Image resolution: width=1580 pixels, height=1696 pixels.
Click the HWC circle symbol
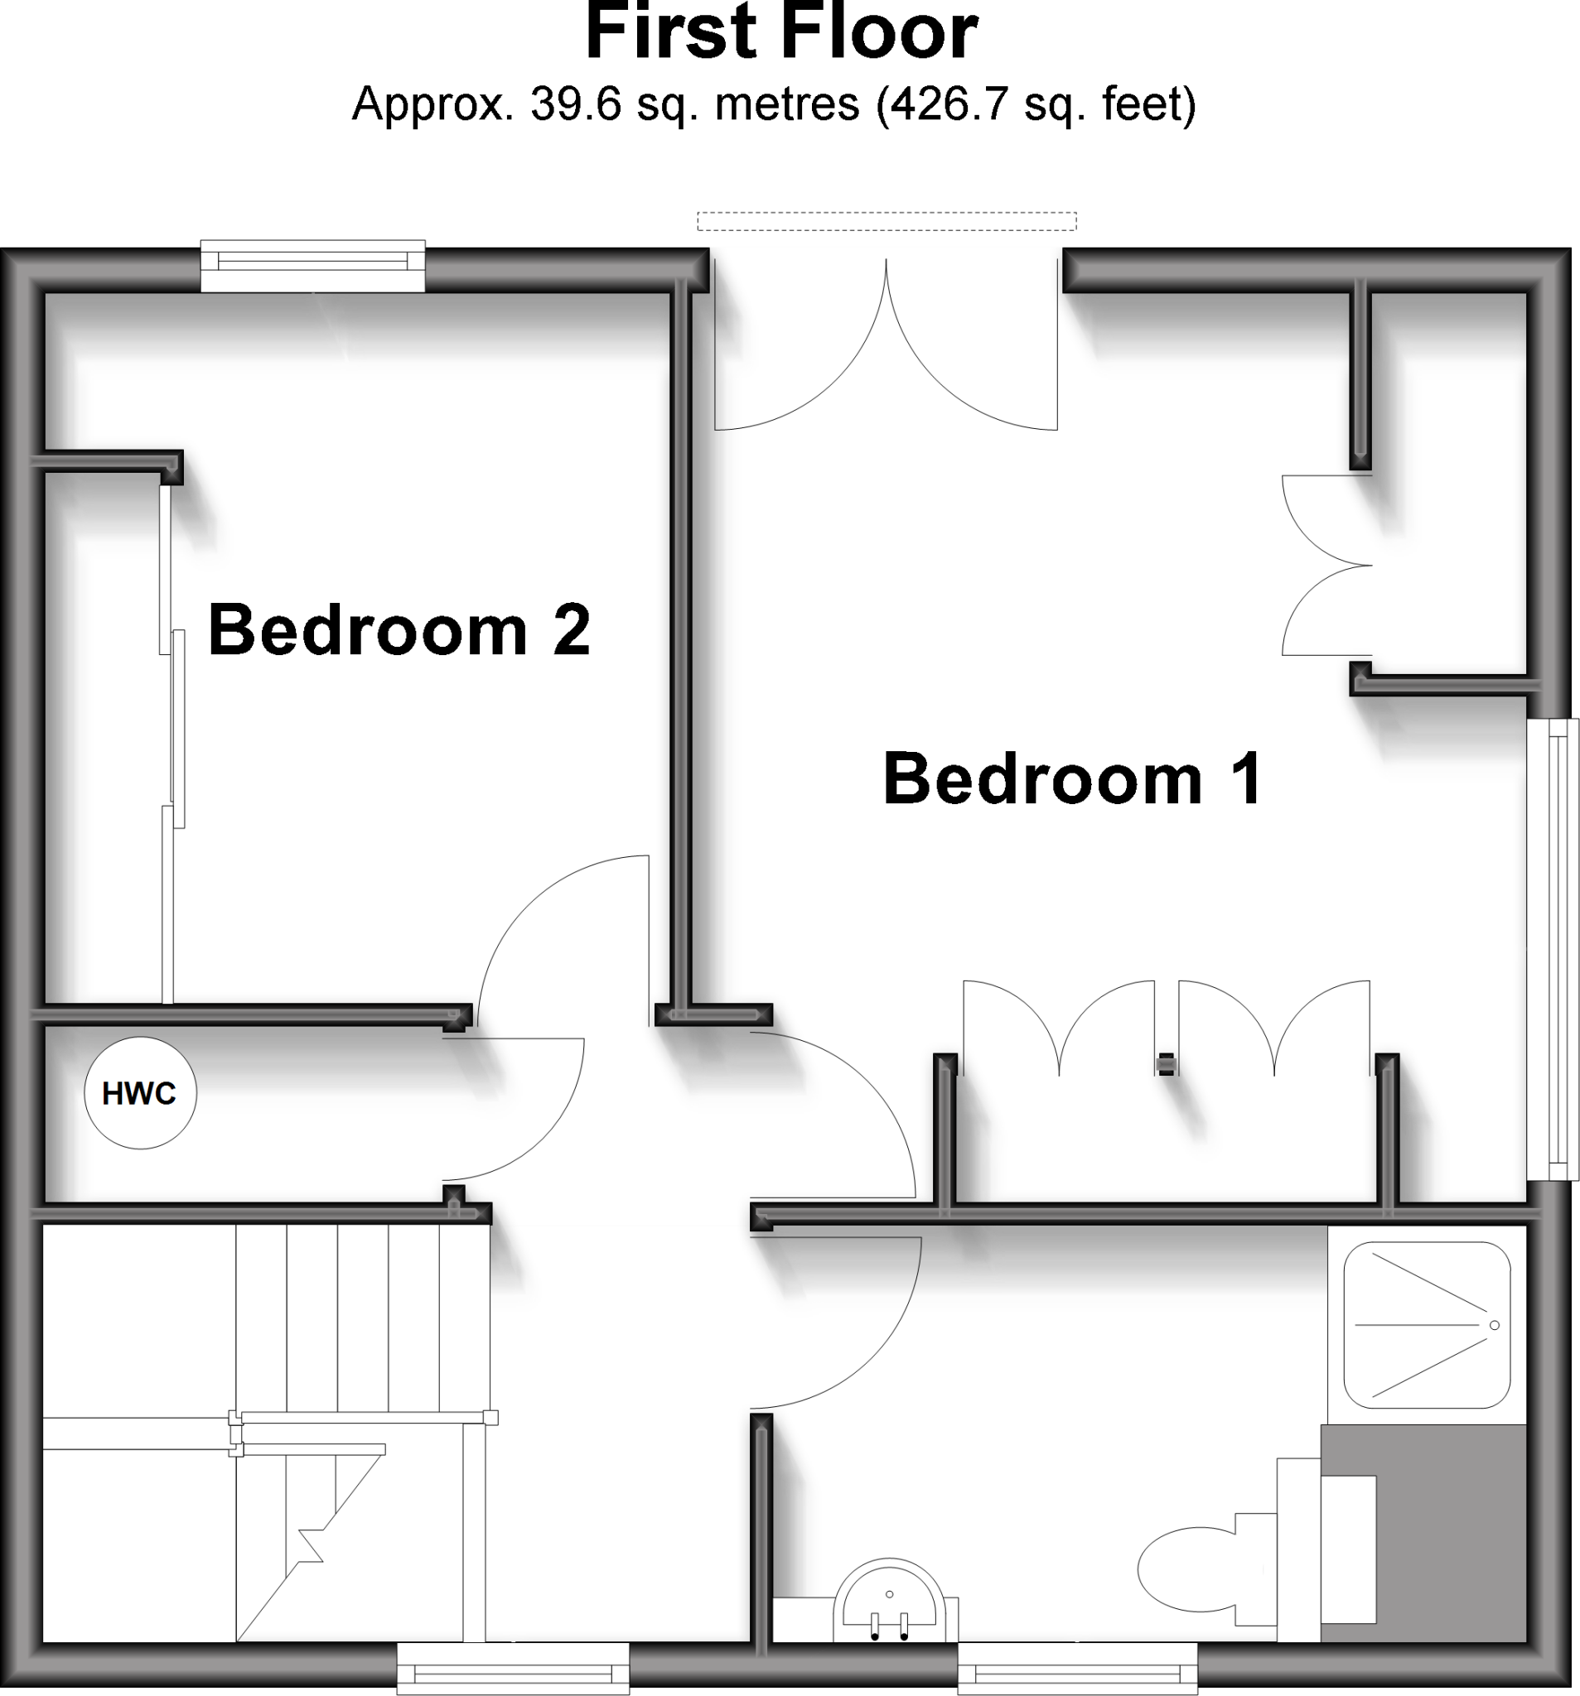coord(140,1093)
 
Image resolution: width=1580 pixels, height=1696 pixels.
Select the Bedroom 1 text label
coord(1072,780)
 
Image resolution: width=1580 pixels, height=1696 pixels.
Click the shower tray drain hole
coord(1494,1325)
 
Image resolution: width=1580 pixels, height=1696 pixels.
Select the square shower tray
coord(1427,1325)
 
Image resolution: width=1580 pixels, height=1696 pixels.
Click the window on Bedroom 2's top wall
coord(312,266)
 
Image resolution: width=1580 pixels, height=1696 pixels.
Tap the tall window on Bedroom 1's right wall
coord(1553,951)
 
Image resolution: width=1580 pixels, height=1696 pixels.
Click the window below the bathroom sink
coord(1077,1669)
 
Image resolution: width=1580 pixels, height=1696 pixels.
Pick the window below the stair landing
coord(513,1669)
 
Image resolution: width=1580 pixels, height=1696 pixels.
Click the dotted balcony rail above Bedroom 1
coord(887,222)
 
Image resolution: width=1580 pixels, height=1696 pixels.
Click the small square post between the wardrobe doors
coord(1166,1065)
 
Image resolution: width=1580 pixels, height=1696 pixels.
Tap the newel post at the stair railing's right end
coord(490,1418)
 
